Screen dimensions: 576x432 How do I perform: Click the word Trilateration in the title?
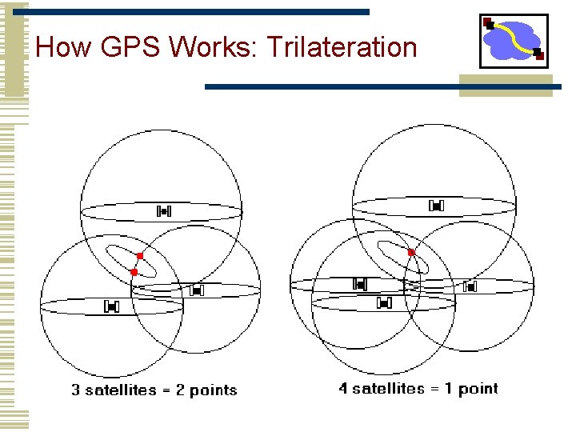[342, 47]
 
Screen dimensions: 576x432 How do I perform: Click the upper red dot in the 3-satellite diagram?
[140, 256]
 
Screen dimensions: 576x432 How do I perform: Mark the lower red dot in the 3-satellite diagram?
[134, 273]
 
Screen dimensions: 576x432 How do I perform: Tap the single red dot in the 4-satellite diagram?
[411, 252]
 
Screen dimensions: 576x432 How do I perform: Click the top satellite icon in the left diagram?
[164, 211]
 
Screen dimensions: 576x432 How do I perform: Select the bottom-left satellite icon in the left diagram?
[111, 306]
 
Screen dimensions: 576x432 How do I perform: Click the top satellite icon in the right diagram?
[436, 206]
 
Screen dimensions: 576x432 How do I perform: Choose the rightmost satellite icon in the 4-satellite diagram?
[470, 285]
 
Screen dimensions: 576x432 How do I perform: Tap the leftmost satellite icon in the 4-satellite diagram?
[360, 284]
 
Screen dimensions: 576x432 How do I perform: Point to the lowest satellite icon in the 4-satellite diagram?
[384, 302]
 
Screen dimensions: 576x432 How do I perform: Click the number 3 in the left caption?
[76, 390]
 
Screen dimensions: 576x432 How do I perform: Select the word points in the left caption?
[213, 390]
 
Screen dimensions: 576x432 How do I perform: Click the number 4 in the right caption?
[343, 389]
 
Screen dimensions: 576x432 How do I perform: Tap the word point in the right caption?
[478, 389]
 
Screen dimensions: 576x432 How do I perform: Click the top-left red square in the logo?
[488, 22]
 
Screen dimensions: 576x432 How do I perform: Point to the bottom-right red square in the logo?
[538, 54]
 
